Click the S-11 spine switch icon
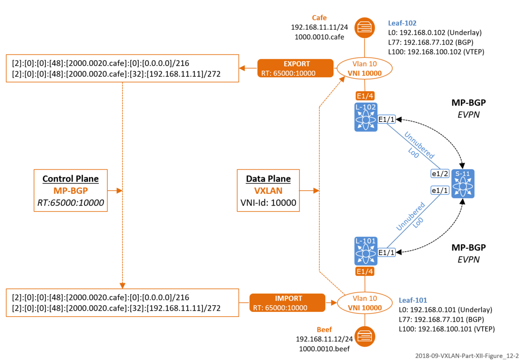pyautogui.click(x=463, y=184)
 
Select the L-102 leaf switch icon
pyautogui.click(x=366, y=117)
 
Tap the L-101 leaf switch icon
pyautogui.click(x=366, y=251)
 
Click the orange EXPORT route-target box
pyautogui.click(x=295, y=68)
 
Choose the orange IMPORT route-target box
pyautogui.click(x=288, y=303)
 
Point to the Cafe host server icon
pyautogui.click(x=364, y=28)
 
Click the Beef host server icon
pyautogui.click(x=364, y=336)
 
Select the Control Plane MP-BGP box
pyautogui.click(x=71, y=191)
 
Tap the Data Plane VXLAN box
pyautogui.click(x=268, y=191)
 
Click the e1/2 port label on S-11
pyautogui.click(x=440, y=174)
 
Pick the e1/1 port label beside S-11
pyautogui.click(x=440, y=191)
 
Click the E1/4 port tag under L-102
pyautogui.click(x=365, y=96)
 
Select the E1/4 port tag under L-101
pyautogui.click(x=365, y=272)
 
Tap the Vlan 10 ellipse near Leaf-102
pyautogui.click(x=364, y=68)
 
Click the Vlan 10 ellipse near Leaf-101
pyautogui.click(x=364, y=303)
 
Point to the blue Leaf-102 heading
pyautogui.click(x=402, y=23)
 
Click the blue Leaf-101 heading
pyautogui.click(x=412, y=300)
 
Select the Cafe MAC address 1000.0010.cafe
pyautogui.click(x=319, y=37)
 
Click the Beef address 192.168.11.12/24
pyautogui.click(x=324, y=339)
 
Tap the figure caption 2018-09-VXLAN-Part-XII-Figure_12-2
pyautogui.click(x=467, y=356)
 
